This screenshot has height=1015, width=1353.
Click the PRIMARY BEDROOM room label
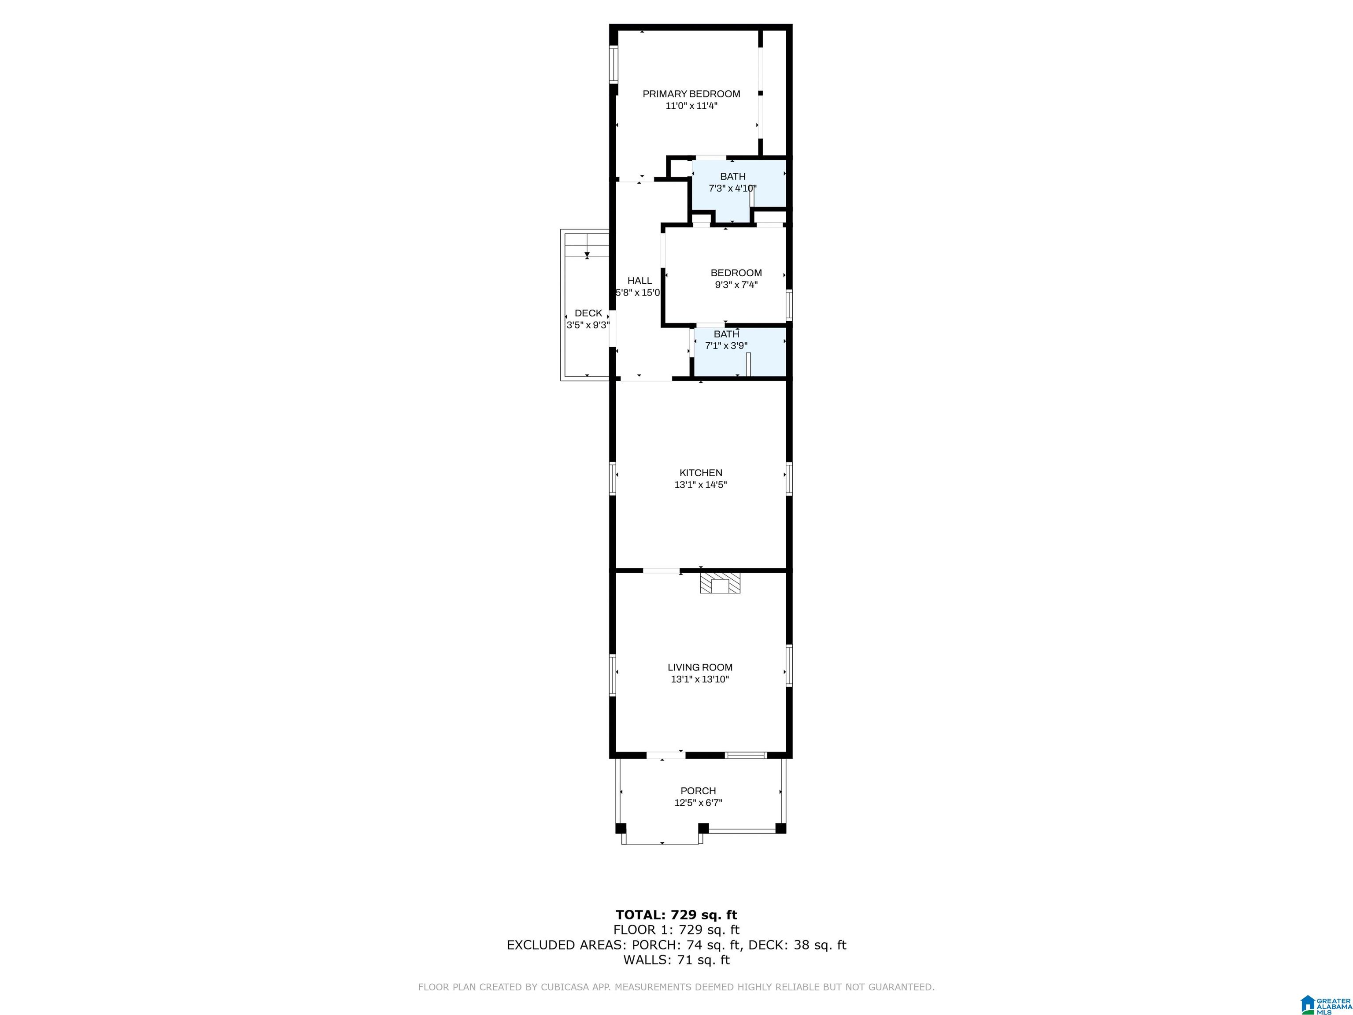tap(691, 93)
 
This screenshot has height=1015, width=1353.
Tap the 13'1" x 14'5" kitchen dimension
tap(700, 485)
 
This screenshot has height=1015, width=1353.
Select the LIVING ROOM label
tap(700, 667)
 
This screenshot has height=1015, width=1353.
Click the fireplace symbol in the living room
tap(720, 582)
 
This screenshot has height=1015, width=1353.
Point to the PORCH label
tap(698, 790)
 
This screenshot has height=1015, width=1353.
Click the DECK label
tap(588, 313)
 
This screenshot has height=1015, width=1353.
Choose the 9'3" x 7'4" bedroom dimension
tap(736, 285)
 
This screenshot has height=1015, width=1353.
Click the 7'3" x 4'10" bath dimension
tap(732, 189)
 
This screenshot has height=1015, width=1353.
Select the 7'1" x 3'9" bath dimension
tap(726, 346)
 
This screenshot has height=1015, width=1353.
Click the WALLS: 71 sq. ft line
tap(676, 960)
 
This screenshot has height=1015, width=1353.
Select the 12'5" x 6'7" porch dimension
tap(698, 803)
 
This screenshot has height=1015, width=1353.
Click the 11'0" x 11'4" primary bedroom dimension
tap(691, 106)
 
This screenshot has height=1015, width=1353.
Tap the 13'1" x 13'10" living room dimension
tap(700, 679)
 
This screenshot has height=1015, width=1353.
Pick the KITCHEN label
tap(700, 473)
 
